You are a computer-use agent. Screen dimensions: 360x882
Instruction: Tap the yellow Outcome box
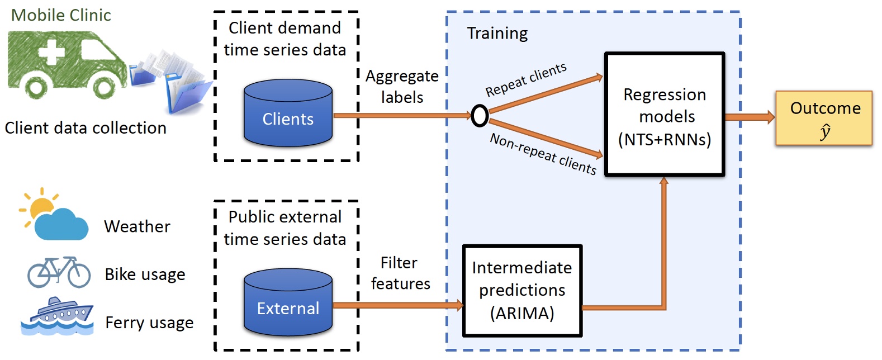(x=824, y=118)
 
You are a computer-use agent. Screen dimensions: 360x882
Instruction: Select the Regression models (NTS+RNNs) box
(x=665, y=116)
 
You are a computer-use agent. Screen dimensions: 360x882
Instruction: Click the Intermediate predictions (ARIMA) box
(x=522, y=291)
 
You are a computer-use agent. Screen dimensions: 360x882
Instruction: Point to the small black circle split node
(x=480, y=116)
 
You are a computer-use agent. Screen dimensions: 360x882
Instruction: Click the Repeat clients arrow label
(x=526, y=79)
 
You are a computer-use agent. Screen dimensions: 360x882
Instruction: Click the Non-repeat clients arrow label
(x=543, y=153)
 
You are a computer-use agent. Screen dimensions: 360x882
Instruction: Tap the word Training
(x=497, y=34)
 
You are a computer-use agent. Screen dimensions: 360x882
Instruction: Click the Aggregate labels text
(x=402, y=86)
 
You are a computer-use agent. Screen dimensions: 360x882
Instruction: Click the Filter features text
(x=400, y=273)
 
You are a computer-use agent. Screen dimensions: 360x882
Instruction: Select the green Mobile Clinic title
(x=61, y=15)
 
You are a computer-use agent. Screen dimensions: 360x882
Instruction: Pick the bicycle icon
(x=59, y=272)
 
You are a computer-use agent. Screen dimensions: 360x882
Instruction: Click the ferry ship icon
(x=57, y=317)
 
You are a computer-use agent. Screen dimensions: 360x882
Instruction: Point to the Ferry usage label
(x=149, y=323)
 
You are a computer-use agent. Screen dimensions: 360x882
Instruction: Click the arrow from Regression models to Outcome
(x=749, y=117)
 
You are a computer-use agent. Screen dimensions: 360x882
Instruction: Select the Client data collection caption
(x=86, y=128)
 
